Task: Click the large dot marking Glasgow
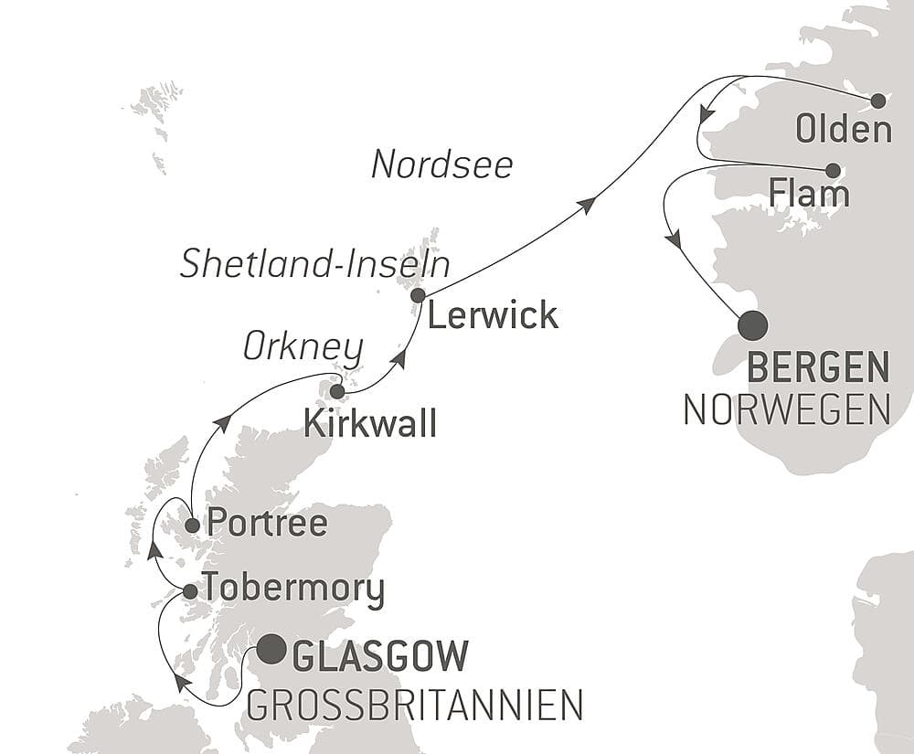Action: click(x=270, y=650)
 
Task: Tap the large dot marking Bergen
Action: click(x=753, y=325)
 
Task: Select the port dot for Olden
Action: click(x=878, y=101)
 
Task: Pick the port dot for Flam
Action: click(x=833, y=170)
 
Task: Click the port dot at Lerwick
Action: click(x=418, y=295)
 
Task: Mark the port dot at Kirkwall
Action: click(x=336, y=392)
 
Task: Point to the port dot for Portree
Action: click(x=192, y=526)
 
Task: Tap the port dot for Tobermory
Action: click(x=190, y=591)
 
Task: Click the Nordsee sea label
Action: click(x=442, y=165)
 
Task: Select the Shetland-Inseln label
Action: click(x=315, y=265)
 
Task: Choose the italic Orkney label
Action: click(x=303, y=348)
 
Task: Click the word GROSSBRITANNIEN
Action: click(x=414, y=705)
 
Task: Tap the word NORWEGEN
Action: click(x=787, y=410)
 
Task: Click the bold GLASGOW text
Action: click(x=380, y=656)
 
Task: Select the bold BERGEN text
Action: click(x=818, y=369)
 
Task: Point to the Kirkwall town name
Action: click(x=370, y=424)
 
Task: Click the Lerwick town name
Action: click(x=493, y=316)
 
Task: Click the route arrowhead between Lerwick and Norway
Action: click(x=588, y=204)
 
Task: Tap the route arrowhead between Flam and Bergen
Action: click(x=675, y=240)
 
